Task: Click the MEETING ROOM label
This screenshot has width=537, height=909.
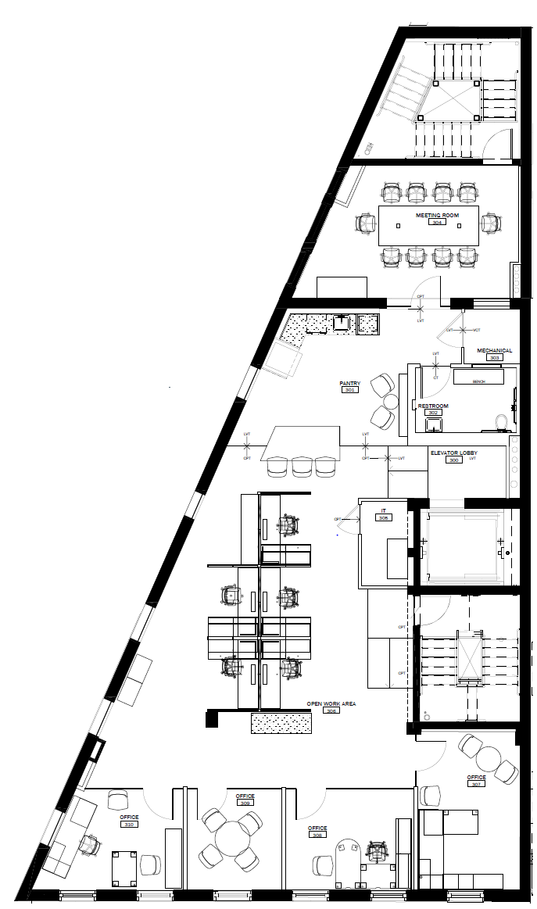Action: click(437, 214)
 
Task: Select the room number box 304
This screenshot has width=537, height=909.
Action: click(437, 223)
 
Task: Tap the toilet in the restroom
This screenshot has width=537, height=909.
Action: click(503, 423)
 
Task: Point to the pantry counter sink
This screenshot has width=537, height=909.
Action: click(342, 321)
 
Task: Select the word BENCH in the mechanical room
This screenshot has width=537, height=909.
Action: click(478, 381)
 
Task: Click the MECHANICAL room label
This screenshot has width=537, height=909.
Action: click(495, 350)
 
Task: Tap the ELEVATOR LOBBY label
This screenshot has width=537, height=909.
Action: click(454, 453)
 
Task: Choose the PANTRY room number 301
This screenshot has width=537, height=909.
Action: click(349, 389)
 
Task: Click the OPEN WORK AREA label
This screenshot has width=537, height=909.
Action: click(331, 703)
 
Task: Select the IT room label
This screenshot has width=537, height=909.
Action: click(384, 510)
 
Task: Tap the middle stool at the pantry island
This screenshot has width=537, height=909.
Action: click(302, 467)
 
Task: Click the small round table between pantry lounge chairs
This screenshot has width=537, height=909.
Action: click(378, 402)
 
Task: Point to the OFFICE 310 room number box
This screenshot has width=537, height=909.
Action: click(130, 825)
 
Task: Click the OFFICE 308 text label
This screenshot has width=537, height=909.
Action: click(317, 828)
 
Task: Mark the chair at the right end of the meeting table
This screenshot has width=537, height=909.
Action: click(490, 224)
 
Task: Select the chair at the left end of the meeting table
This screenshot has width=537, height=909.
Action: click(366, 224)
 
